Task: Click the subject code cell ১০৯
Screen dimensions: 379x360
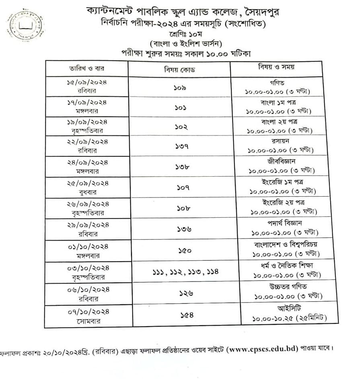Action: point(179,87)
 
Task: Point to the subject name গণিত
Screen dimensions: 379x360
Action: point(278,82)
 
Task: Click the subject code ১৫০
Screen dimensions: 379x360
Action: point(185,250)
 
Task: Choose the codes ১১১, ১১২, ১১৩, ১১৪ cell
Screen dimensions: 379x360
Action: point(185,272)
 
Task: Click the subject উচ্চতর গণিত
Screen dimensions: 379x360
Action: point(287,286)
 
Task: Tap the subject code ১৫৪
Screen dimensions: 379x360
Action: point(187,315)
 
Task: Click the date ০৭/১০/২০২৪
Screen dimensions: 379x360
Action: point(88,311)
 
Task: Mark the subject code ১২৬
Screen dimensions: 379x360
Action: point(186,293)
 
